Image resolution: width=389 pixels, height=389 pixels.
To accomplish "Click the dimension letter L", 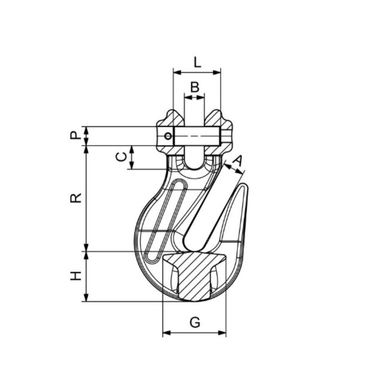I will (197, 61).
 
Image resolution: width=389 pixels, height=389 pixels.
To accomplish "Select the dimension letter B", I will (194, 87).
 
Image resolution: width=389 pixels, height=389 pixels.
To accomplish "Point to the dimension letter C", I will (121, 157).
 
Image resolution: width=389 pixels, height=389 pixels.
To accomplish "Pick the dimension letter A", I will (238, 160).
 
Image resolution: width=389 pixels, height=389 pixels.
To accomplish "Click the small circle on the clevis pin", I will (169, 136).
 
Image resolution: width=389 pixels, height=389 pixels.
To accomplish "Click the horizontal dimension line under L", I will (197, 72).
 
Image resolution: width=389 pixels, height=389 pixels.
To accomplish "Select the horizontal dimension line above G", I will (194, 332).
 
